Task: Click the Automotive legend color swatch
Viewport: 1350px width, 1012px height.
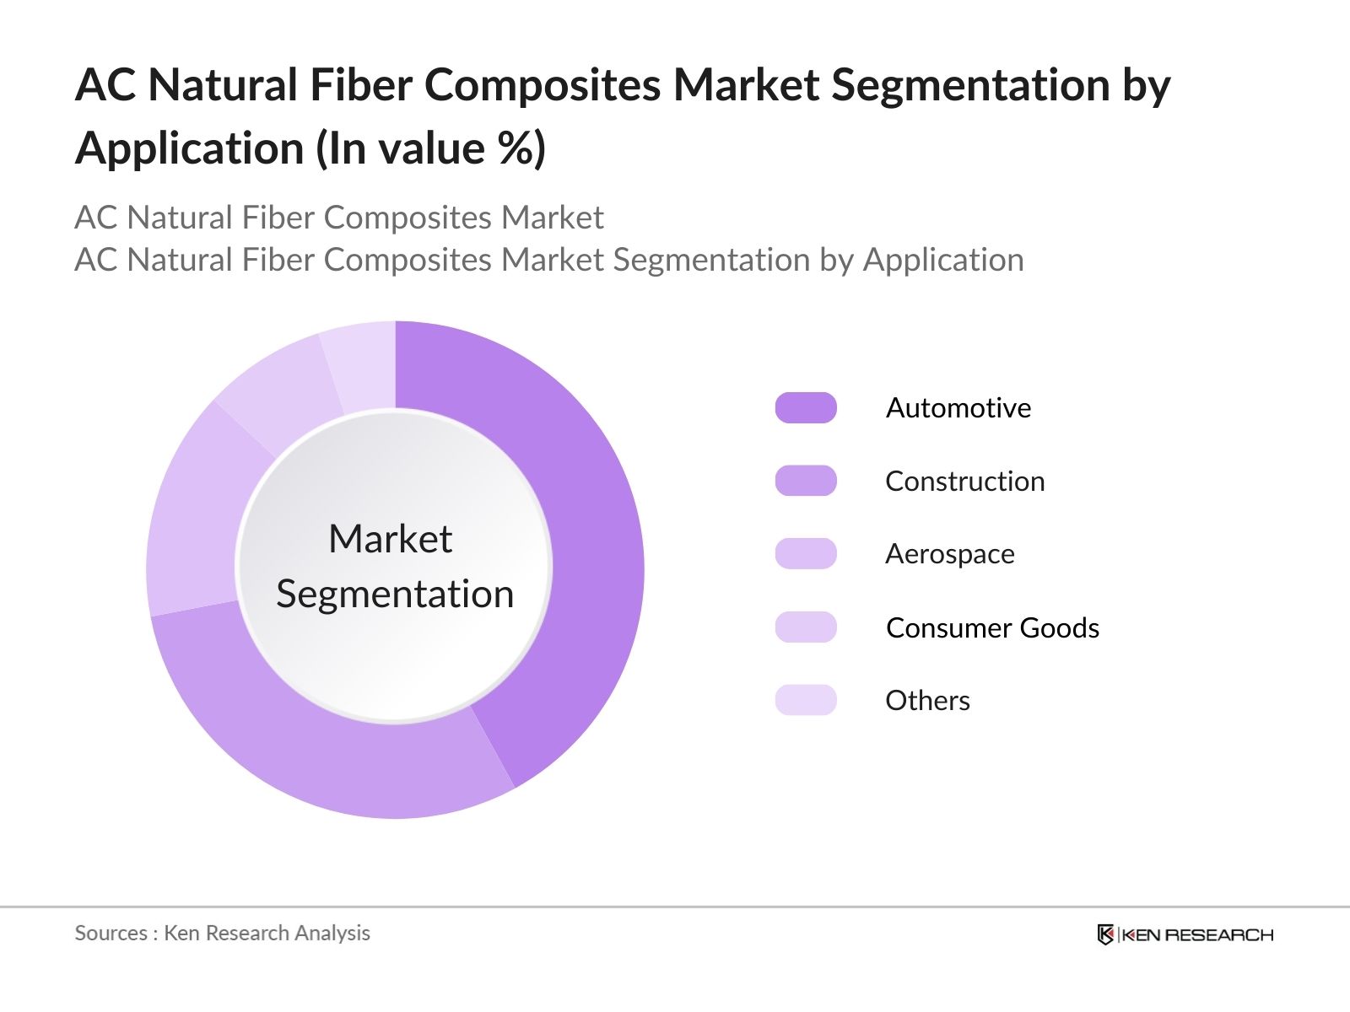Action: click(x=806, y=407)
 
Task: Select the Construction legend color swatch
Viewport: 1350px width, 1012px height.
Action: click(x=806, y=481)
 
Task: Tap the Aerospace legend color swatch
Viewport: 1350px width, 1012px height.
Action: click(x=806, y=554)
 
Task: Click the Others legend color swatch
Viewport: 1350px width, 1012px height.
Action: click(x=806, y=700)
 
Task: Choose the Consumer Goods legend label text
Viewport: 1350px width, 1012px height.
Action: click(x=992, y=627)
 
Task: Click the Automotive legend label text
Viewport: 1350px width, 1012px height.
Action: click(x=958, y=407)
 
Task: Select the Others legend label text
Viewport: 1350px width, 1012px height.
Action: click(x=927, y=700)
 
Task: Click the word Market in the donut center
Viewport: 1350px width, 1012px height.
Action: click(x=390, y=539)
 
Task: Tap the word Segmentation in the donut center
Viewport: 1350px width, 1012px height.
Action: click(x=395, y=595)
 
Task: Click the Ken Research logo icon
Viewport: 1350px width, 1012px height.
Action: click(x=1105, y=934)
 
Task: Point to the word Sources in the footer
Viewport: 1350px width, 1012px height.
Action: click(x=111, y=933)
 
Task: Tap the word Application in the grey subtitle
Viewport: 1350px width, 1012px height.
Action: click(x=942, y=260)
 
